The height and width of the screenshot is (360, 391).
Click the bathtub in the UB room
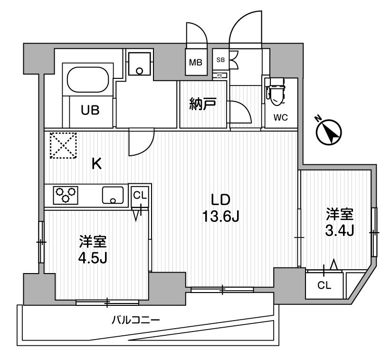tap(88, 80)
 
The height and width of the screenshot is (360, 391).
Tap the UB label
tap(90, 110)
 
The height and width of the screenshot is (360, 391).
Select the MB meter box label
tap(196, 62)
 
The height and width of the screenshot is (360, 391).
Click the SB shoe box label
tap(220, 60)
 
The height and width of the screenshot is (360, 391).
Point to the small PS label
tap(219, 76)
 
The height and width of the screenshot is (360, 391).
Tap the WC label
tap(280, 117)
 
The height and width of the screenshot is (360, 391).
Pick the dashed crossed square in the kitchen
tap(63, 145)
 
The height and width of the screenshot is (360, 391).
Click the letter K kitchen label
tap(97, 164)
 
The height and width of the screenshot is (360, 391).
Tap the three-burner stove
tap(66, 195)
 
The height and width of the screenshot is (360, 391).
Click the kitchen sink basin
tap(113, 195)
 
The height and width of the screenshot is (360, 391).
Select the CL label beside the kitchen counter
tap(140, 196)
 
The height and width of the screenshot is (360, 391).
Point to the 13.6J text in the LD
tap(221, 217)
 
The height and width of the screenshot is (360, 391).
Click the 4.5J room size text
tap(93, 258)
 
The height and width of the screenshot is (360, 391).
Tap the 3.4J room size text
tap(339, 231)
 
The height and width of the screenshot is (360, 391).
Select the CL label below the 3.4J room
tap(324, 285)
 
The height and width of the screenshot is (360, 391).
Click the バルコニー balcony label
tap(135, 320)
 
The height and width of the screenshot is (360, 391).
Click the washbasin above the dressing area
tap(139, 64)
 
